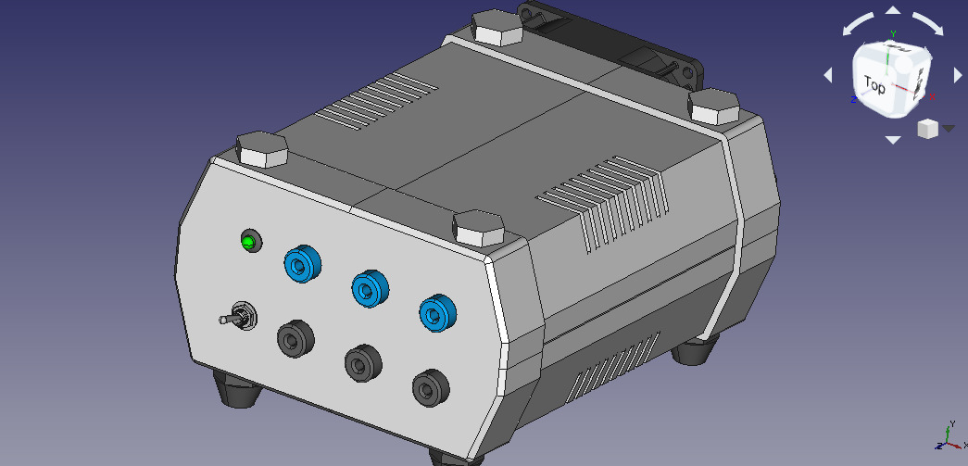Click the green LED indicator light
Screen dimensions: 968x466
(x=248, y=242)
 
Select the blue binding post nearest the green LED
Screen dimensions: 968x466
(x=303, y=264)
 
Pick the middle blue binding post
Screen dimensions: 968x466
(x=371, y=289)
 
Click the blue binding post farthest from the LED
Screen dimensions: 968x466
(x=438, y=313)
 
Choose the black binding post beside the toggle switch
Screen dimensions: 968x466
(x=295, y=338)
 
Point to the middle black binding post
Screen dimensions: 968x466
(x=364, y=363)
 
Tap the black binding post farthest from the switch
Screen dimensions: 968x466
(x=431, y=387)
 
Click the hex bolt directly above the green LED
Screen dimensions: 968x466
(x=262, y=149)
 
